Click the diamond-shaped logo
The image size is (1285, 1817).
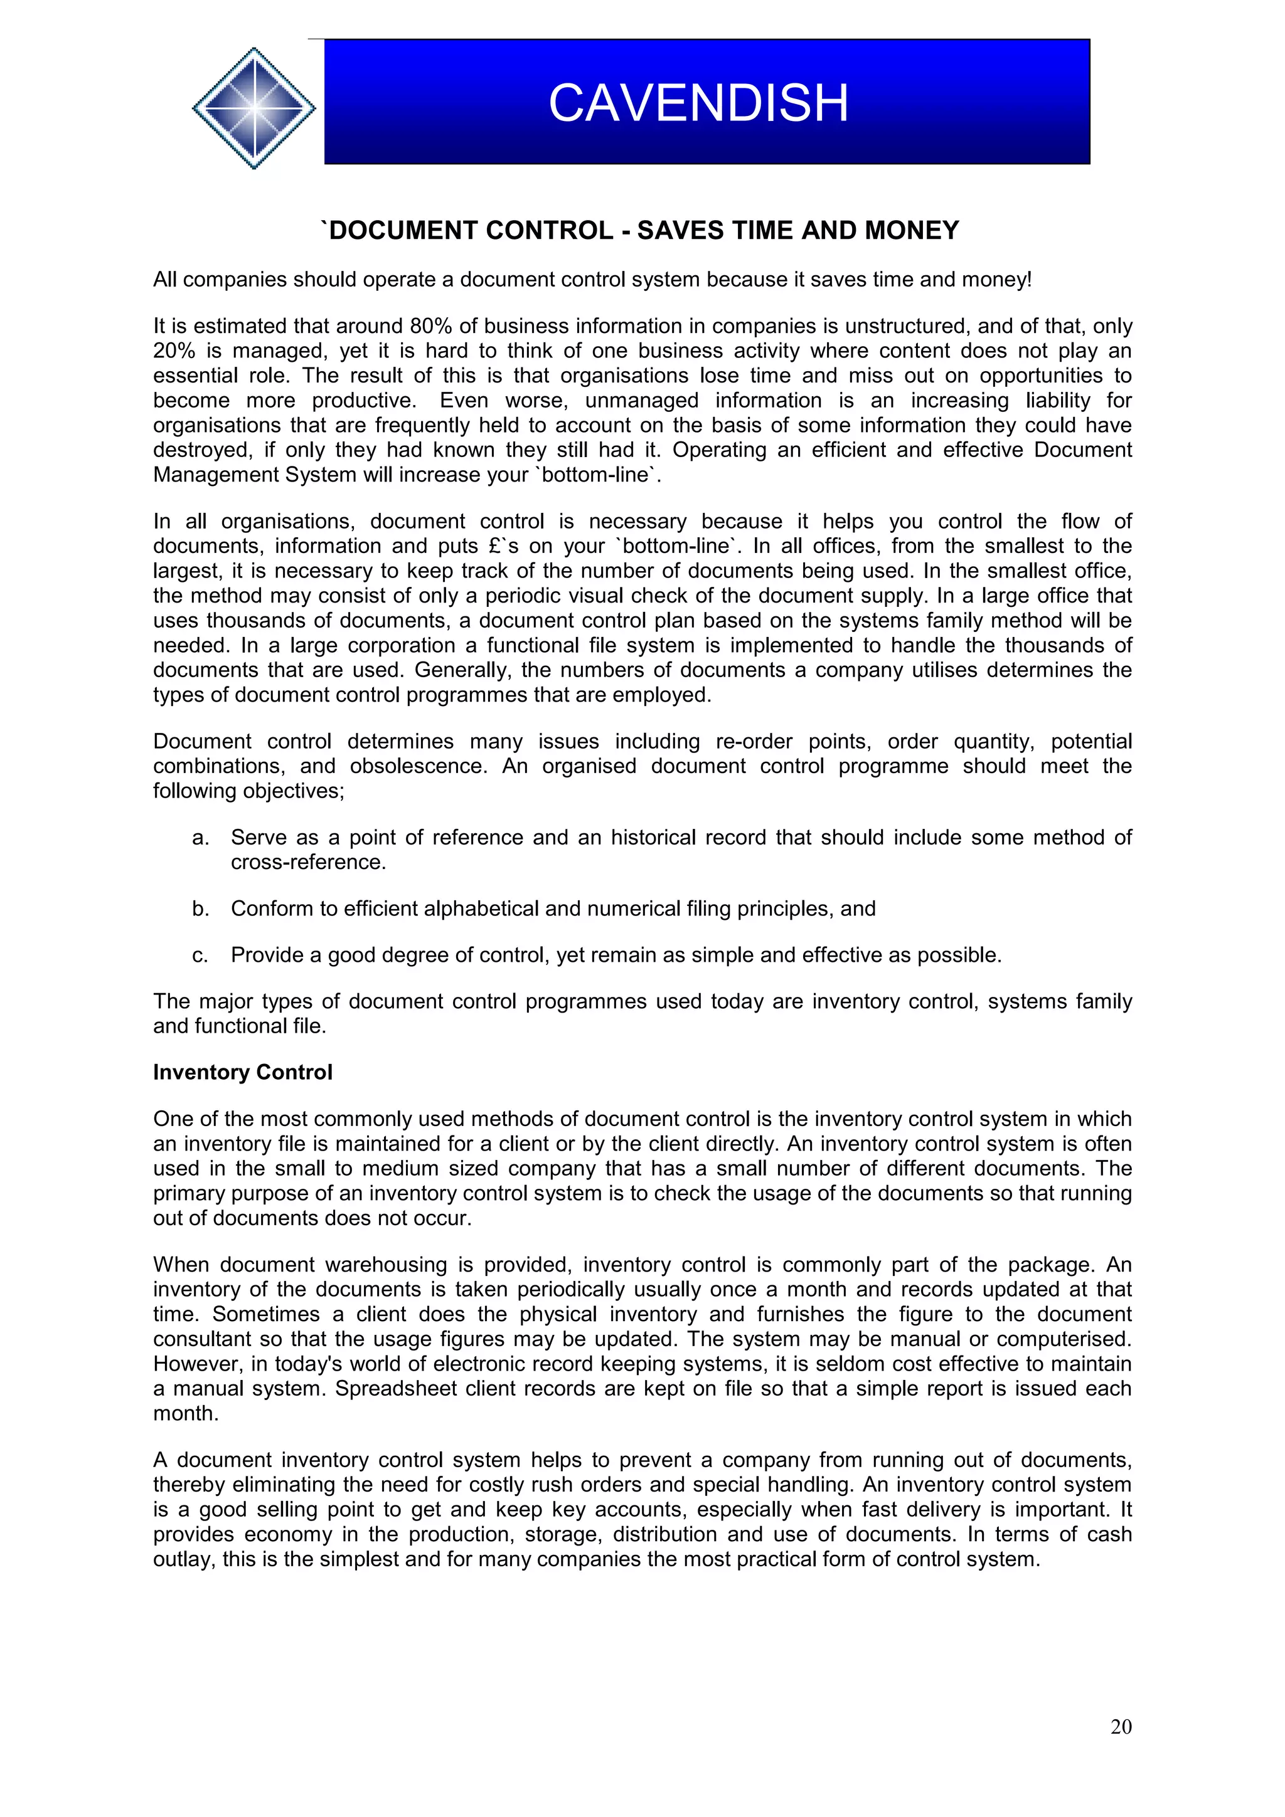(254, 108)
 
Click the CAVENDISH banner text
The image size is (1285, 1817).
(698, 103)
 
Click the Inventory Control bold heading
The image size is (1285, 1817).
(242, 1072)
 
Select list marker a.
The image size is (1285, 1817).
(200, 837)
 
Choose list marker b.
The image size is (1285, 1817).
(200, 908)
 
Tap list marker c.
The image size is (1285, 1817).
(200, 955)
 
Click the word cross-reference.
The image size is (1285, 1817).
(308, 862)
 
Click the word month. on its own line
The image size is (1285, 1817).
(185, 1413)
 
